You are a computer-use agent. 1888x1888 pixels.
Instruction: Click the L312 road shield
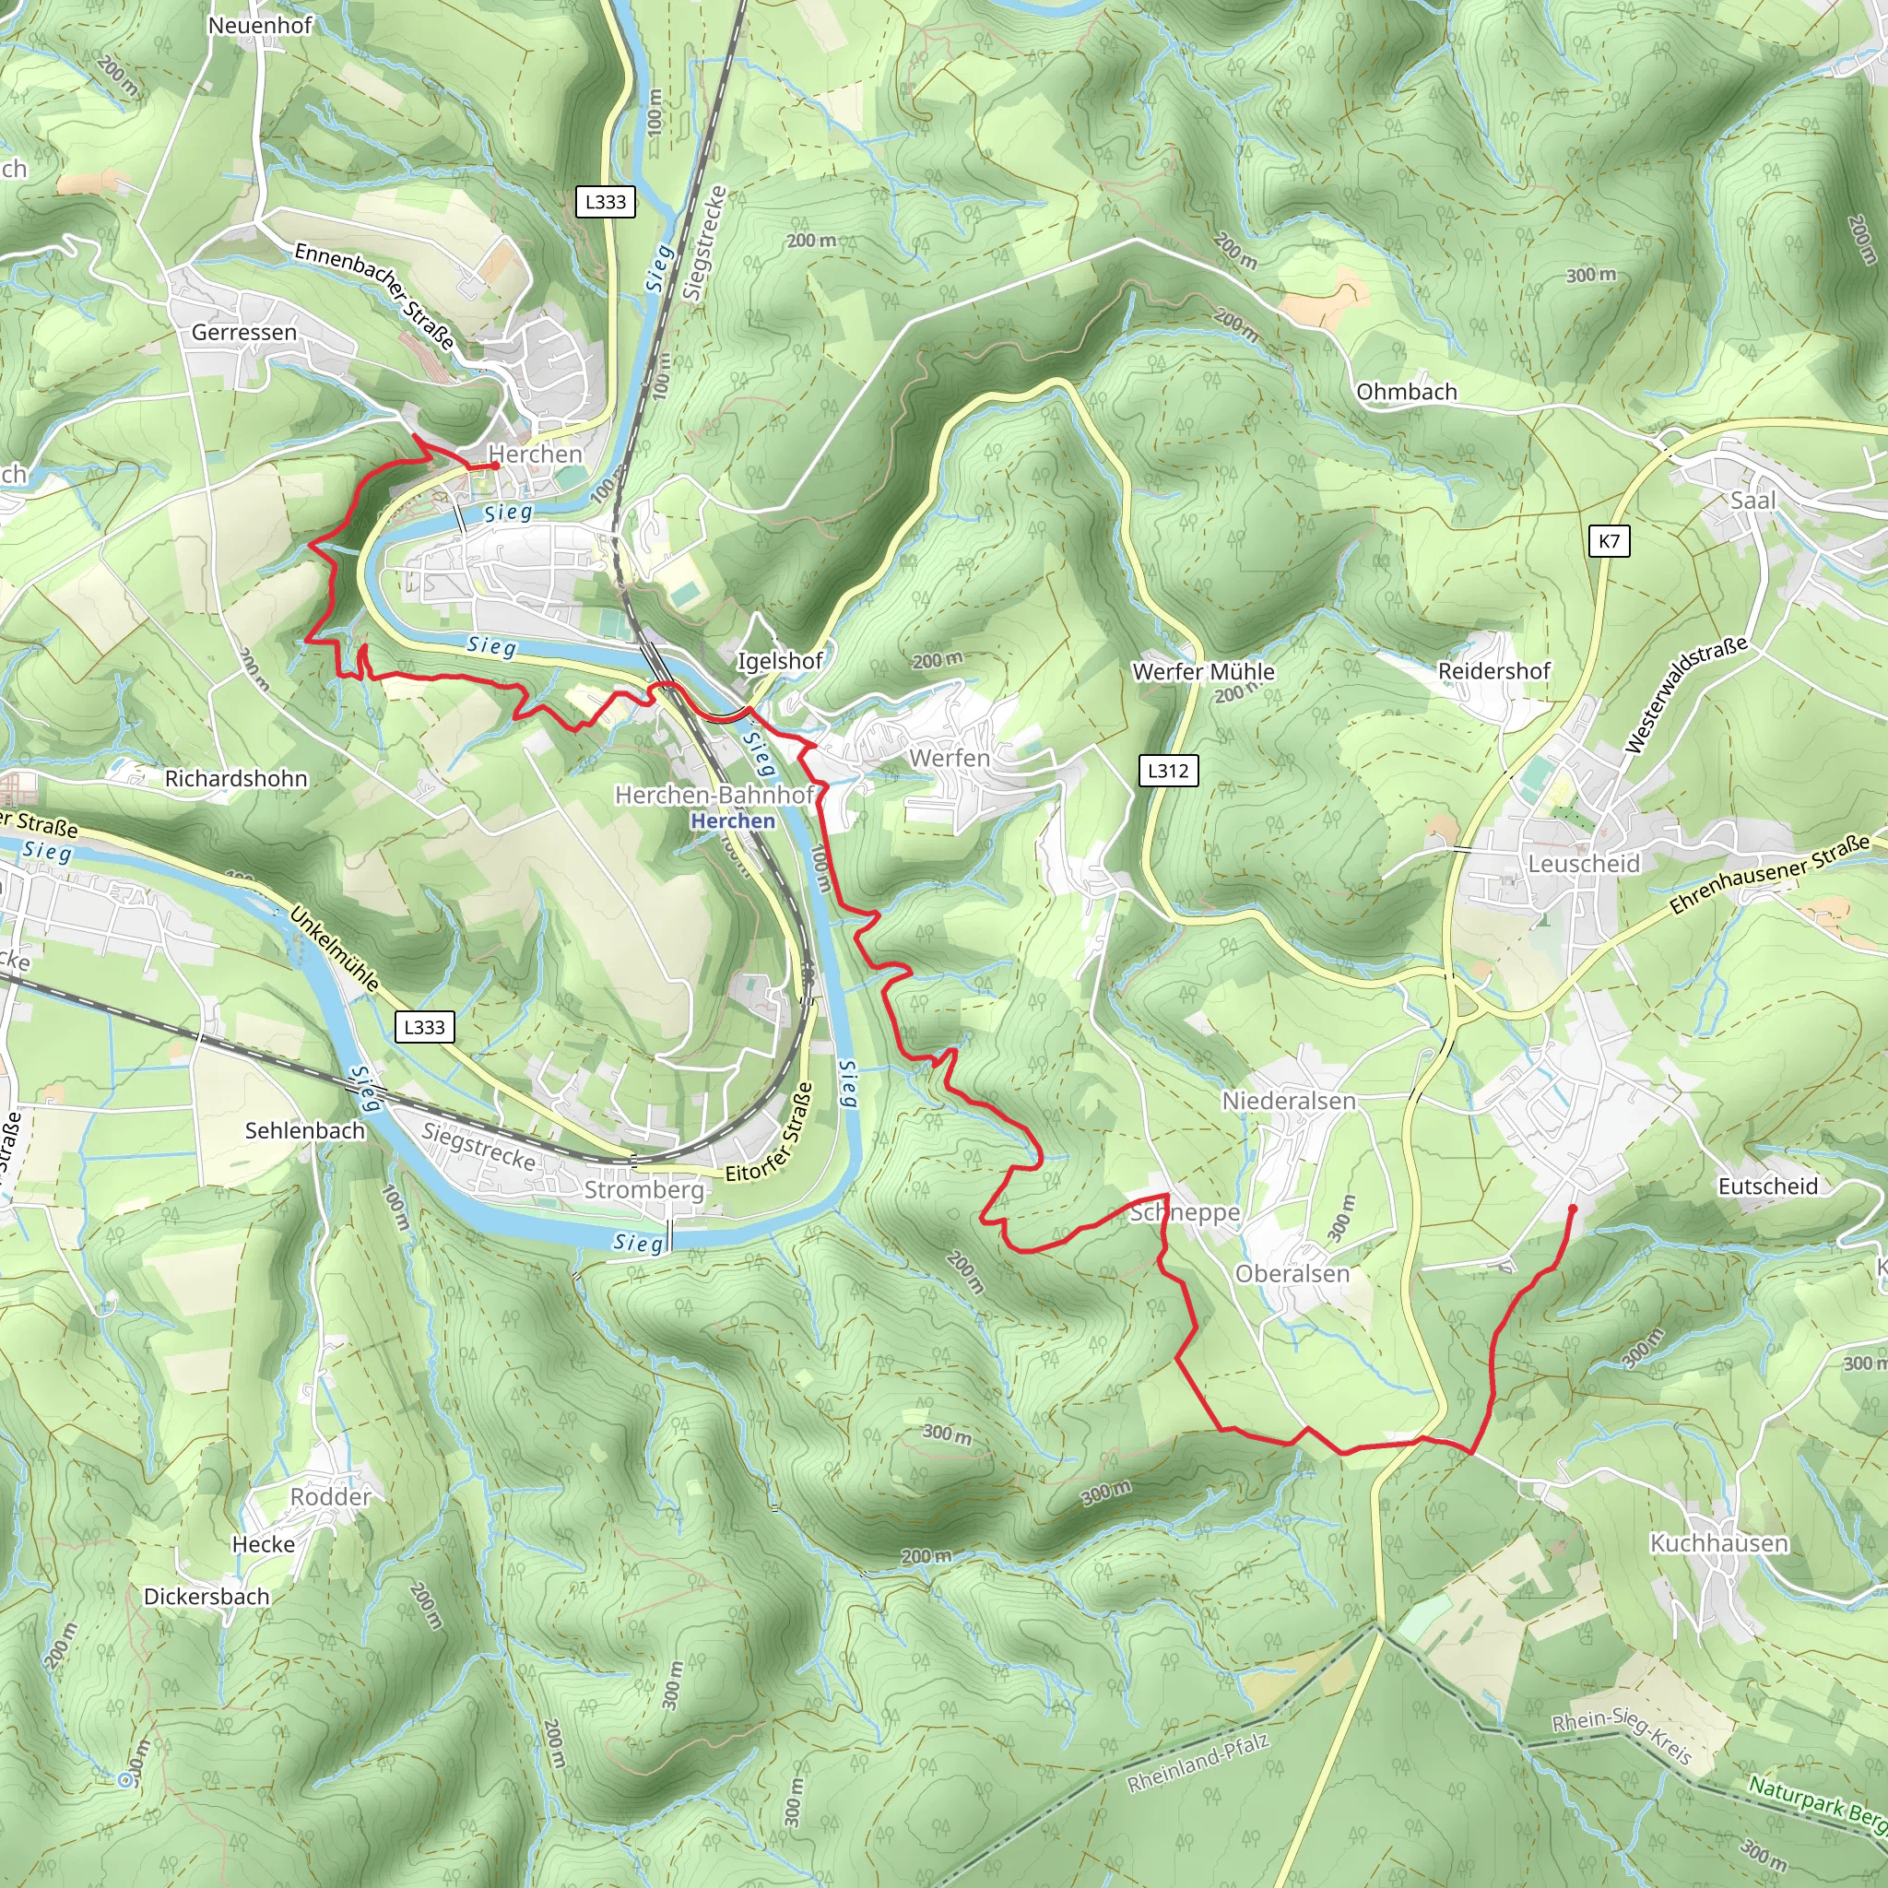1168,771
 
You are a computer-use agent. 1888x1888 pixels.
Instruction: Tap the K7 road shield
1609,541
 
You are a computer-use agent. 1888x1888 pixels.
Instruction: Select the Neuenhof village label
260,26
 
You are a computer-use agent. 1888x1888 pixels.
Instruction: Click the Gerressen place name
243,332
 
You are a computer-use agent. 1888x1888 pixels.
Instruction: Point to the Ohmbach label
1406,392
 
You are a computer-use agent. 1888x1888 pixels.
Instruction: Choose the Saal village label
1753,501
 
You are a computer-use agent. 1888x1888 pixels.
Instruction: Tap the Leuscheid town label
1583,864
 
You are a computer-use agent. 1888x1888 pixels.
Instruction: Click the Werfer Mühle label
1203,671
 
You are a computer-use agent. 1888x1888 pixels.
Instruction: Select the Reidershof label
1494,671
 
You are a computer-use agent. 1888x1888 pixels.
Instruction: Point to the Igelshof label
780,661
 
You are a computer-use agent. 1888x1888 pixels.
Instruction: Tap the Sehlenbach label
305,1130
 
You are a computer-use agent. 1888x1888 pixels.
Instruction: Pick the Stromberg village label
644,1189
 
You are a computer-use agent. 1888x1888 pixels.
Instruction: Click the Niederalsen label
1289,1102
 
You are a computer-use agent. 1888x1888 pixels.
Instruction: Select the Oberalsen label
1292,1273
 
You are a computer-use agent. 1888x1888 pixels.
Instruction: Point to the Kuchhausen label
1719,1543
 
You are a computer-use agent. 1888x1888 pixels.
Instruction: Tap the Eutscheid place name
1768,1186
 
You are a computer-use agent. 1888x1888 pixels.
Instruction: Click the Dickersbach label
206,1597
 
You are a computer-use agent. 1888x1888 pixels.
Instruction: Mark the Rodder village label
330,1497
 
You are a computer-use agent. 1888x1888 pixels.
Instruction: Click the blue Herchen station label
732,820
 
